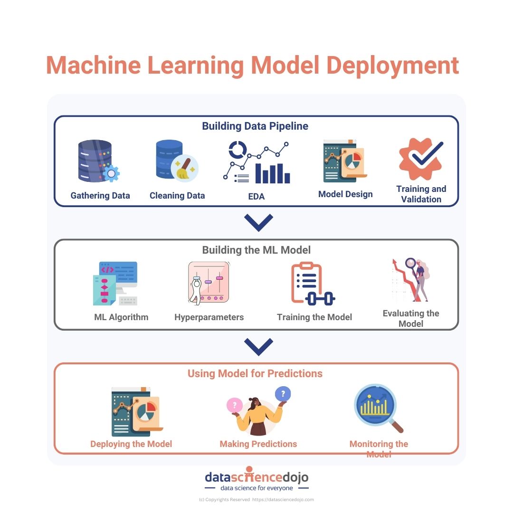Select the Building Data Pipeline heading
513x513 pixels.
click(x=255, y=126)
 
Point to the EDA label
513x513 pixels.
click(x=256, y=196)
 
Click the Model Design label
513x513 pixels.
click(x=345, y=194)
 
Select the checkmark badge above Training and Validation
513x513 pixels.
click(x=421, y=159)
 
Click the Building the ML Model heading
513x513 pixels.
click(x=256, y=250)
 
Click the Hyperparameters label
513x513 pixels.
click(x=209, y=317)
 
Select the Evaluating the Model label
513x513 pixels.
click(x=411, y=318)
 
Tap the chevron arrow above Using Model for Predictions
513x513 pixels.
click(x=258, y=346)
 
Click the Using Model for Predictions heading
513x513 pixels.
click(x=255, y=373)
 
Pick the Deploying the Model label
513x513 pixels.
click(x=131, y=444)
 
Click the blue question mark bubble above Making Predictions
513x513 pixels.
click(x=283, y=394)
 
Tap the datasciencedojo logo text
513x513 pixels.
click(x=256, y=476)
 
